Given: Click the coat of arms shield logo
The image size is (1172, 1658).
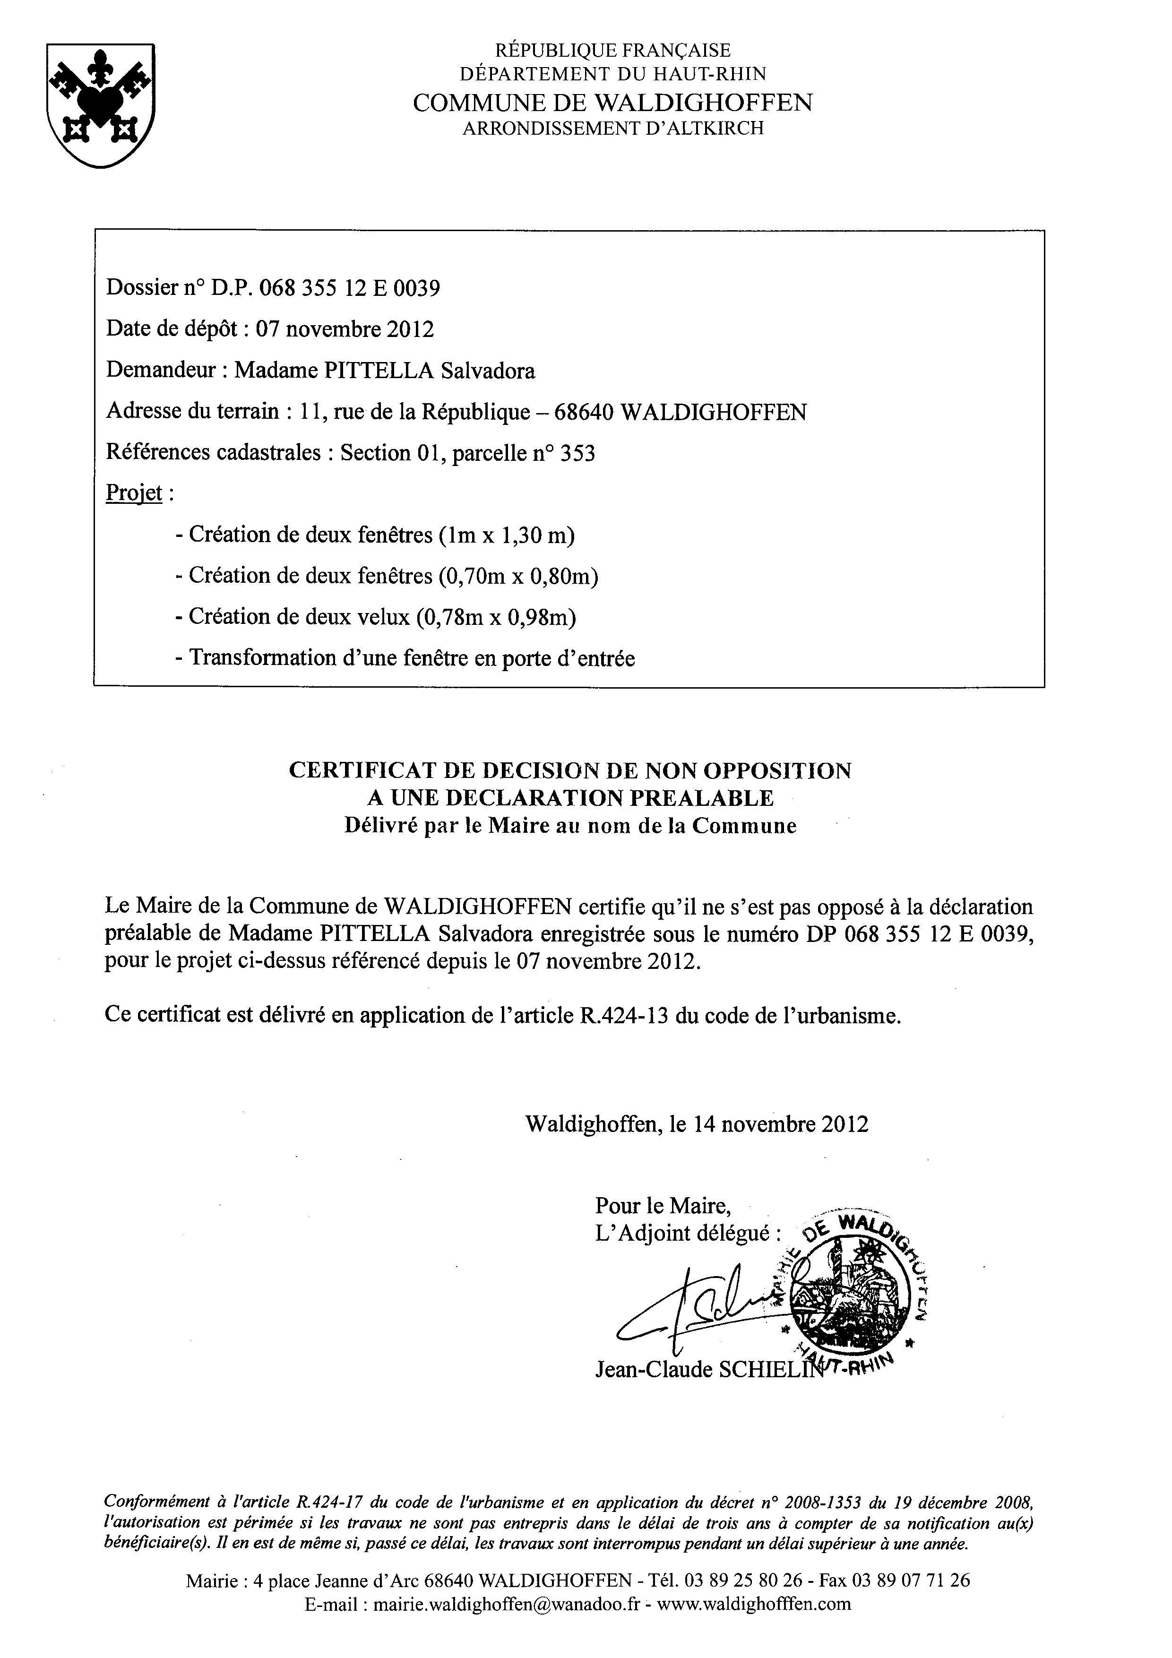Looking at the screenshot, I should pos(100,105).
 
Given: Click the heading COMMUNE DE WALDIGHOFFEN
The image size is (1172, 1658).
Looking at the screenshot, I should pos(612,103).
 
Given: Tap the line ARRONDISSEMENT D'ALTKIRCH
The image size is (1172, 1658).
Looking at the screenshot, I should pos(612,129).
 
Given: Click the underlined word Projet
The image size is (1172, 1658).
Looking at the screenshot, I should pos(134,493).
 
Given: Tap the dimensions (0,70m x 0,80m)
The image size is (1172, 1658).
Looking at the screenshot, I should pos(518,576).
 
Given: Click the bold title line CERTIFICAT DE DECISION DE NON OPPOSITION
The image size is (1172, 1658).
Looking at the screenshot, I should pos(570,770).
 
